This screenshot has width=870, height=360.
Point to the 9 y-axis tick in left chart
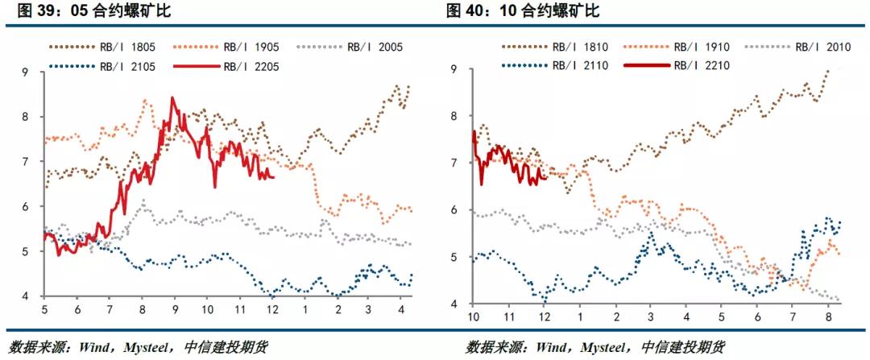pos(26,72)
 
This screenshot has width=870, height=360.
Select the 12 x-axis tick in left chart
pos(271,310)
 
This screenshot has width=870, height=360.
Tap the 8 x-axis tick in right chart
pos(827,317)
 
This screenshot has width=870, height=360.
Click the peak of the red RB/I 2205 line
pos(172,98)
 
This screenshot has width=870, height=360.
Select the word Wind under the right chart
pos(545,348)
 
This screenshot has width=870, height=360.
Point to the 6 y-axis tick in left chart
pos(26,207)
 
